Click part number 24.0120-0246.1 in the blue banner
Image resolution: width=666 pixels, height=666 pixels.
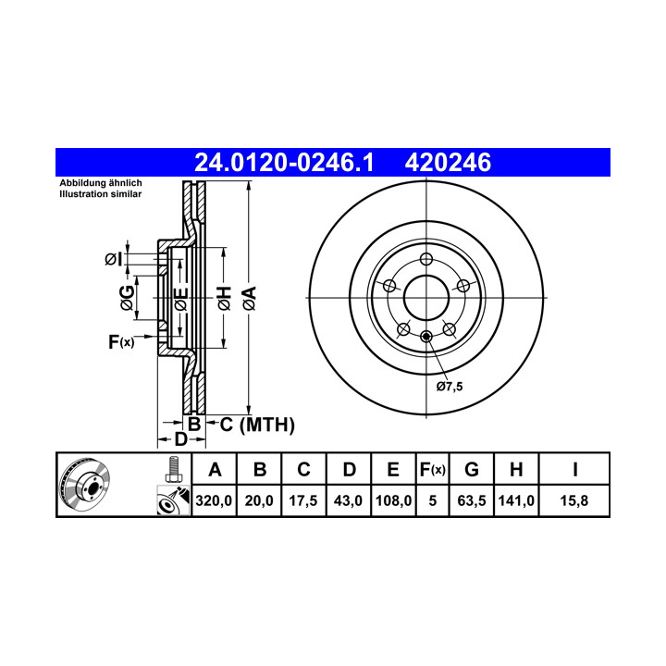pos(284,163)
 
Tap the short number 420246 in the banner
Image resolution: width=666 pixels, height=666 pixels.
pos(448,163)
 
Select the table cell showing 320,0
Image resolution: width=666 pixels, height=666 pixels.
pos(214,500)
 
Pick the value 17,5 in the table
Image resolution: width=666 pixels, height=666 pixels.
pos(303,500)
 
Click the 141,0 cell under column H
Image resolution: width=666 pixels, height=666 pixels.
pos(516,500)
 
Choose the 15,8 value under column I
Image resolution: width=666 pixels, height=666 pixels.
pos(574,500)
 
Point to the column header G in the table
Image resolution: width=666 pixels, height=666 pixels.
pos(472,470)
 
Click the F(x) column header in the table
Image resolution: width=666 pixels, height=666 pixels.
pos(432,470)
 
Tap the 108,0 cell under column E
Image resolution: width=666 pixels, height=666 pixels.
pos(393,500)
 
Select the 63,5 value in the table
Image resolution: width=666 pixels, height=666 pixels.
pos(472,500)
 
